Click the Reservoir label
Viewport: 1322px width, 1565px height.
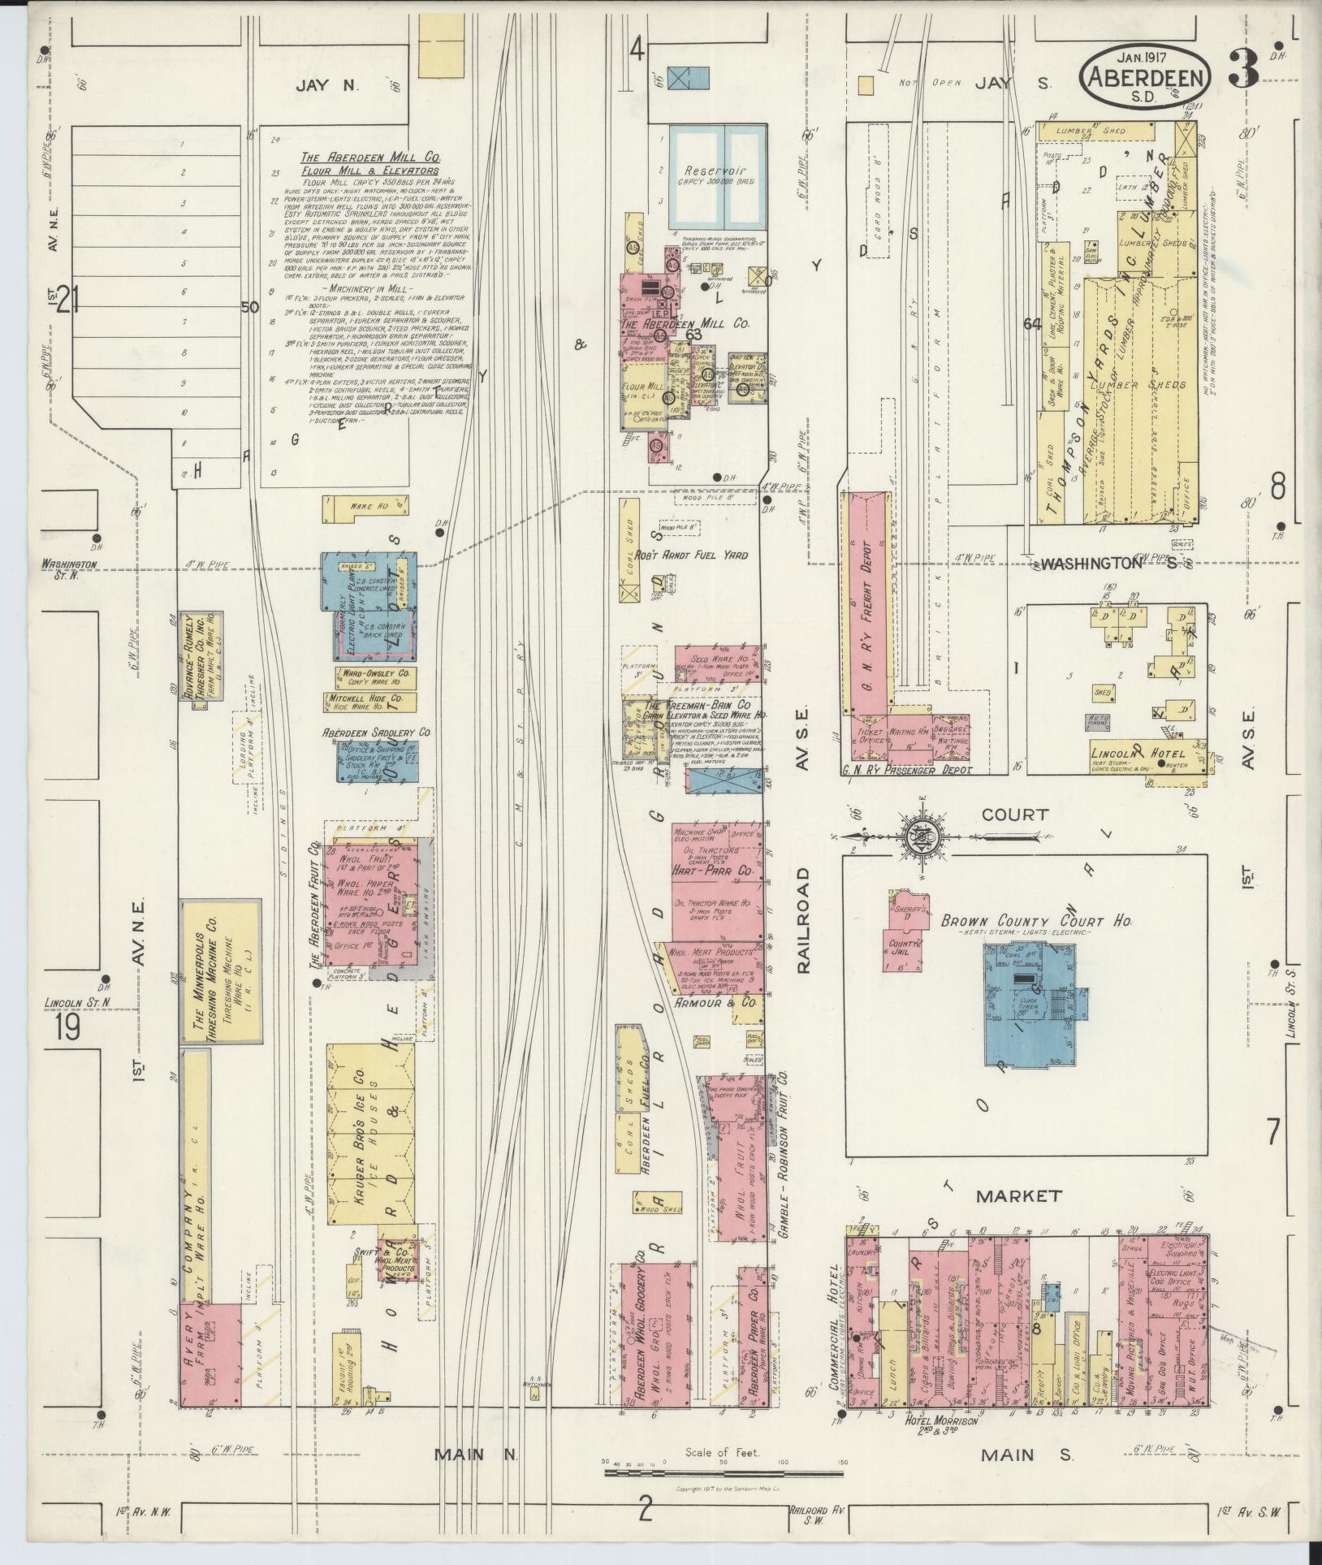pos(709,171)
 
